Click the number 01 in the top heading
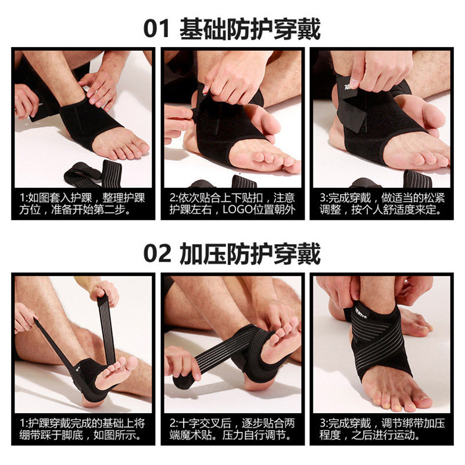pos(156,28)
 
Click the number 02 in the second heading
pos(157,253)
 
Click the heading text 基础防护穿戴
pos(250,28)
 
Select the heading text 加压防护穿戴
pos(250,253)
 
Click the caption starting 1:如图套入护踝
pos(82,204)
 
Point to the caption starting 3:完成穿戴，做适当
pos(382,204)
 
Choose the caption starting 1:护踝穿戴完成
pos(82,429)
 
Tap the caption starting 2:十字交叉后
pos(232,429)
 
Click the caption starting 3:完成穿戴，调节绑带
pos(382,429)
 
